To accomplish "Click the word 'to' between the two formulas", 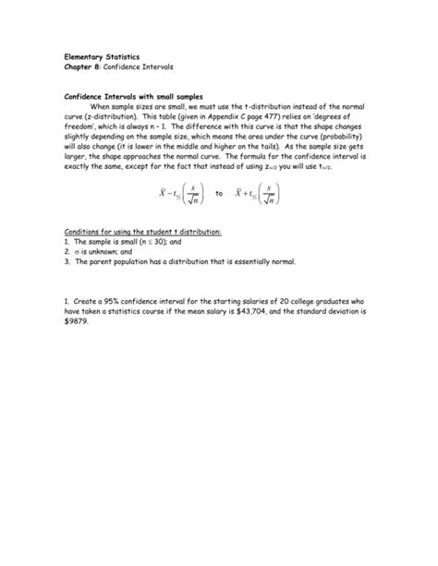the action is click(219, 194).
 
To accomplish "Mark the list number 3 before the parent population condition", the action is click(67, 261).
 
